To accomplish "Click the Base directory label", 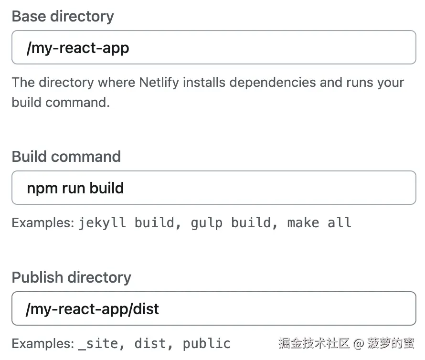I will (x=63, y=16).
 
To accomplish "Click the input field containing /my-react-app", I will (x=213, y=47).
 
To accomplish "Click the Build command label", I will (x=66, y=157).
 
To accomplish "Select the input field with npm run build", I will (x=213, y=188).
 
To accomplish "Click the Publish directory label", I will (x=71, y=277).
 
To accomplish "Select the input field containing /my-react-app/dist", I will (x=213, y=308).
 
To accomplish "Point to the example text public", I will (x=206, y=343).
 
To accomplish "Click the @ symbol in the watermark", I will (x=359, y=343).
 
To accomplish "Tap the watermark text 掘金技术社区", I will (x=314, y=343).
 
